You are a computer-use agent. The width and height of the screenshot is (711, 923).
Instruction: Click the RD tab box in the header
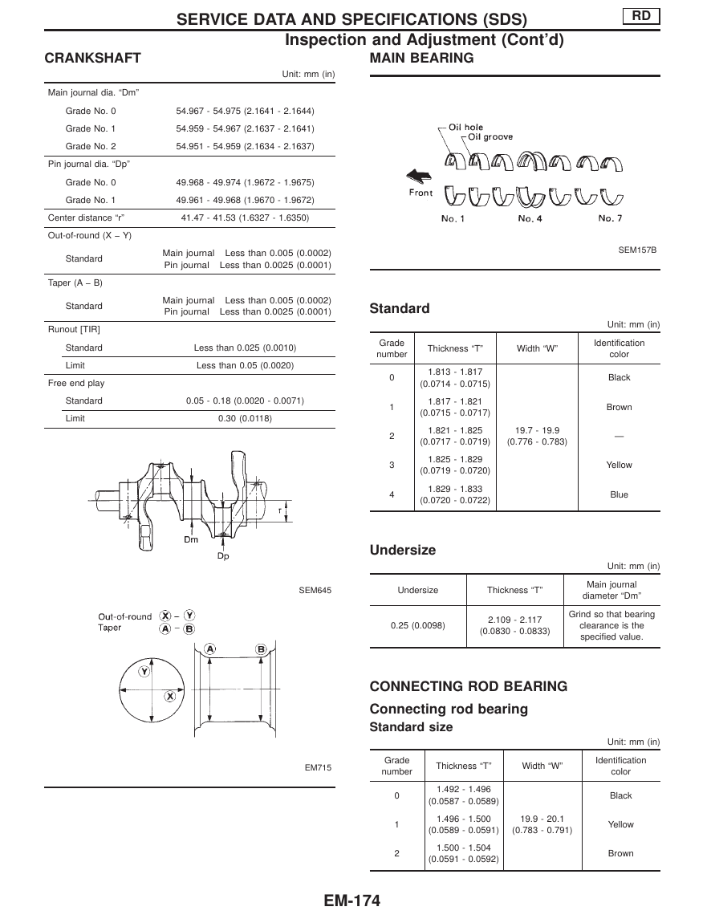[x=640, y=15]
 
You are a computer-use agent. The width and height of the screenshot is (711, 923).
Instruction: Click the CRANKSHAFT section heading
[x=92, y=58]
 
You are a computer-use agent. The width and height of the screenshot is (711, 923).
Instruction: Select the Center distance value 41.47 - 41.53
[x=245, y=218]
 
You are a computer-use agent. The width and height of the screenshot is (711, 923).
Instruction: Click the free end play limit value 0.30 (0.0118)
[x=245, y=418]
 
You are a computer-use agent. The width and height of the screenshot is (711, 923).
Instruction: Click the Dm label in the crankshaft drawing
[x=191, y=539]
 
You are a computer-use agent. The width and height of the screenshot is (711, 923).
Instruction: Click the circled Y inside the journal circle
[x=144, y=671]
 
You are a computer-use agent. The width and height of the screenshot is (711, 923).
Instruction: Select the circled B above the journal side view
[x=261, y=649]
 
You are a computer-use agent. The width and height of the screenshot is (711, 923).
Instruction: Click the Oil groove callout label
[x=490, y=137]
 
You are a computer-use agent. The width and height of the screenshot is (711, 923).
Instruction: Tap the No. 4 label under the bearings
[x=529, y=218]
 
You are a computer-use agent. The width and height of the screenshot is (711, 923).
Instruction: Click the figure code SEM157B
[x=637, y=250]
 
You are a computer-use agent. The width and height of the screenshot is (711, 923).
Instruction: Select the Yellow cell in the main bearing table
[x=619, y=465]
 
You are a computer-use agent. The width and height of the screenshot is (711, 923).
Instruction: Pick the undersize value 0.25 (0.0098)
[x=417, y=625]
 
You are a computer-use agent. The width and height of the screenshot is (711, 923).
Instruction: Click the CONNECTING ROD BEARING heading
[x=468, y=686]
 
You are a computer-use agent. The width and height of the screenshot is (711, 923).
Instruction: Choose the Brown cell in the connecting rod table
[x=620, y=853]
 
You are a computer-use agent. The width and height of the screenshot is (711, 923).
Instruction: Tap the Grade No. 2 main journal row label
[x=91, y=146]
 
